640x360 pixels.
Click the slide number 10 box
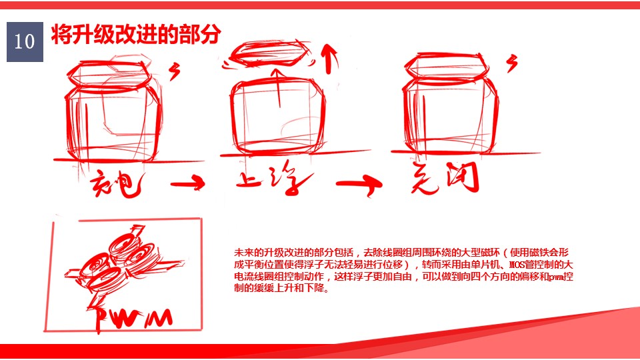25,42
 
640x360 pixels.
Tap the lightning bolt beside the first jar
176,70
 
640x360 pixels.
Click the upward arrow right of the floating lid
327,59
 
